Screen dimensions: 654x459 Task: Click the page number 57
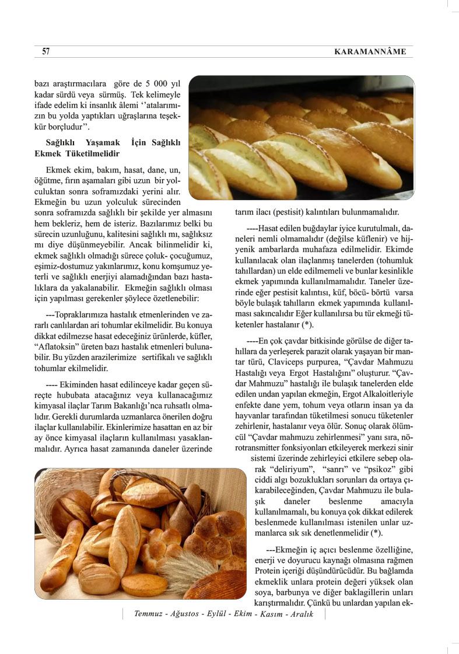click(x=45, y=52)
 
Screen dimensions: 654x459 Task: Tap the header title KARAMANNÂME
click(x=369, y=53)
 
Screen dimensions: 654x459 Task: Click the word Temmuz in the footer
click(x=148, y=614)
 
